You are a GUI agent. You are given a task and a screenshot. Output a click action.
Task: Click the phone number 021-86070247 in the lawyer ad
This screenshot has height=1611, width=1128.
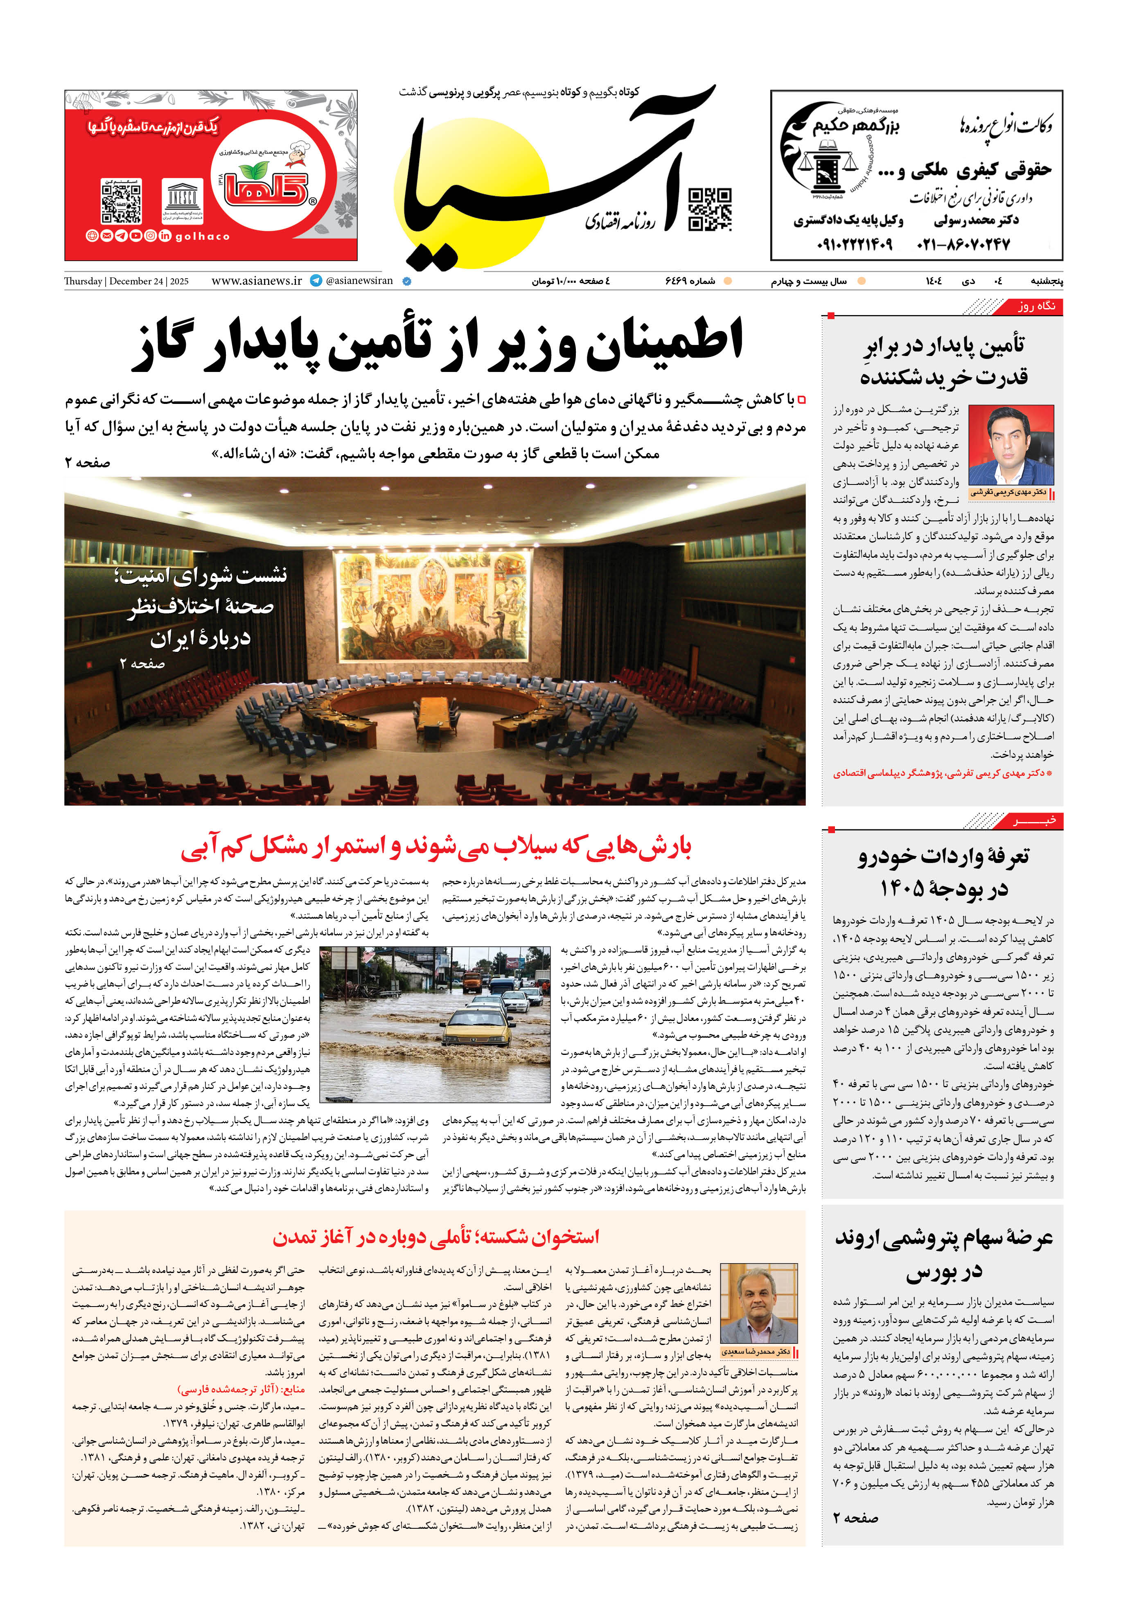click(964, 245)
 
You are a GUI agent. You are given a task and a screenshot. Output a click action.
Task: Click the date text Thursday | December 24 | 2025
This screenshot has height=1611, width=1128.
click(126, 282)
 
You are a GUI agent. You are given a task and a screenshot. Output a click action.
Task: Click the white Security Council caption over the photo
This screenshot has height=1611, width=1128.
click(200, 607)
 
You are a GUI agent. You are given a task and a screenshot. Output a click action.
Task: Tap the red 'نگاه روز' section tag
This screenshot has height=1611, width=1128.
click(1036, 306)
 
